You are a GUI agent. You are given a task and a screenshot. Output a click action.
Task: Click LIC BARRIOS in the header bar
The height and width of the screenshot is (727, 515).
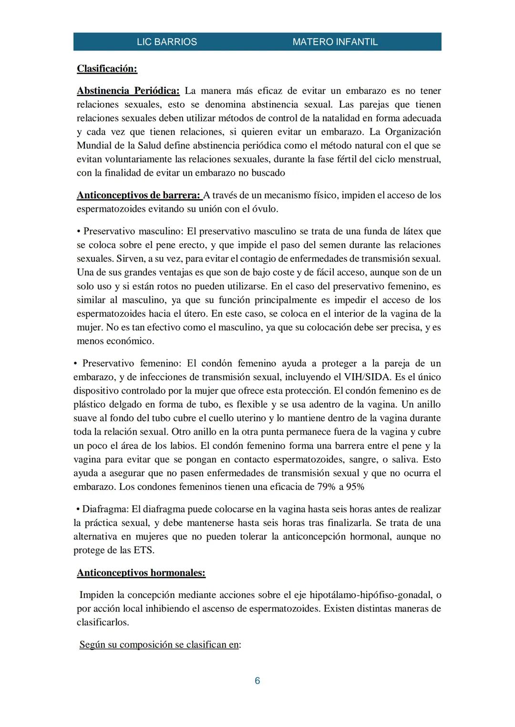[166, 42]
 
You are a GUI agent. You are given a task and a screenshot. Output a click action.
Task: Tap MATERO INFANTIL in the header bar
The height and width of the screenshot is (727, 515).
[335, 42]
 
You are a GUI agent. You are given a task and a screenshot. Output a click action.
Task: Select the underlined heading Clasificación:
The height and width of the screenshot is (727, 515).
[107, 69]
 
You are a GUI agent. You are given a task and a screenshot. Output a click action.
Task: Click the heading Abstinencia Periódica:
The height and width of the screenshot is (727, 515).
[128, 90]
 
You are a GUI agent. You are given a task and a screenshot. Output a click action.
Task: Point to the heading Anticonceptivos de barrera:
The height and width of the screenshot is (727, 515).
[139, 195]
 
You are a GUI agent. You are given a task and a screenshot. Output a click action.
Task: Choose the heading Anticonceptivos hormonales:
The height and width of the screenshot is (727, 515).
[141, 573]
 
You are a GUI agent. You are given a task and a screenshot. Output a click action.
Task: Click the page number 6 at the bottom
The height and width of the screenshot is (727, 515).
[257, 681]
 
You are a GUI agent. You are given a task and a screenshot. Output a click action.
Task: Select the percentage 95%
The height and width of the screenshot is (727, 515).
[354, 487]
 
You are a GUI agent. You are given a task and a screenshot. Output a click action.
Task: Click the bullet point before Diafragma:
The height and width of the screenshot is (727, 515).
[77, 509]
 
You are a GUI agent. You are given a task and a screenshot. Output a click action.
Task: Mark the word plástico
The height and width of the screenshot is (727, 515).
[90, 405]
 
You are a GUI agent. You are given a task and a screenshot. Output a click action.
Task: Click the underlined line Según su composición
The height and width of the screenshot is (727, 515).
[159, 645]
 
